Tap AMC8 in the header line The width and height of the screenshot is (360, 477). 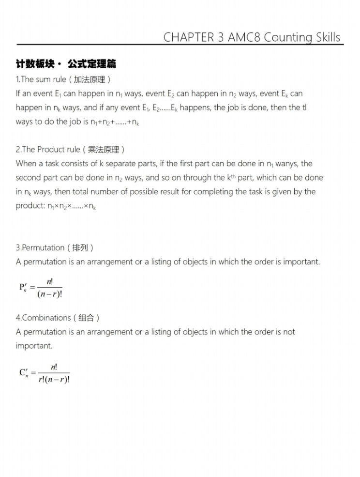(244, 37)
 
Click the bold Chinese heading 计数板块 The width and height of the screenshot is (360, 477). (37, 64)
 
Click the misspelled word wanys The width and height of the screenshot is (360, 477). (287, 164)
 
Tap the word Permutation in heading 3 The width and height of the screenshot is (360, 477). (43, 248)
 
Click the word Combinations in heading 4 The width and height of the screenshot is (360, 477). (46, 318)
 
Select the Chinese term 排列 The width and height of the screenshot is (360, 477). (80, 248)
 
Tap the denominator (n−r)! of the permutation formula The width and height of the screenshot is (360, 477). (50, 294)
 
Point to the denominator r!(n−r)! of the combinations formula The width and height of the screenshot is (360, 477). (54, 380)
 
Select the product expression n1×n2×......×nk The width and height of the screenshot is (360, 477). (71, 206)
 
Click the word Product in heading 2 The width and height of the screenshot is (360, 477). (51, 150)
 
